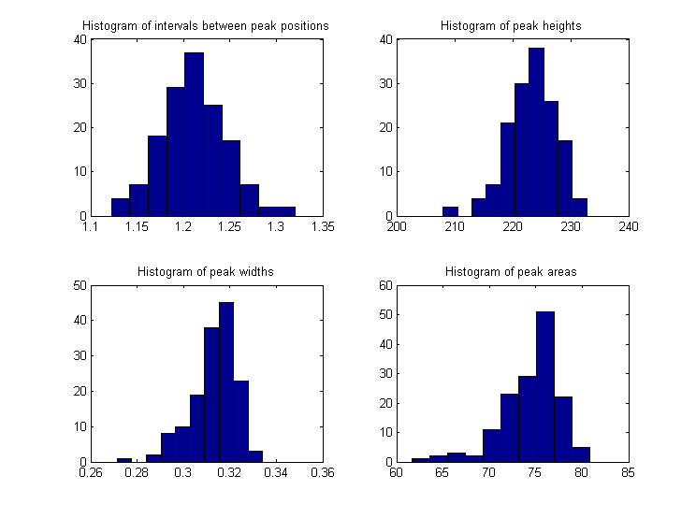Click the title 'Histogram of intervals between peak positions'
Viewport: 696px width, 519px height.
pos(206,25)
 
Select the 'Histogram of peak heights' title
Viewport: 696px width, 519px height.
pos(511,25)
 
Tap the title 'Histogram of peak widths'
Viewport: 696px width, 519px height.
pos(206,271)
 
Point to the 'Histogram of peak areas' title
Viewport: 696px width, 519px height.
pos(511,271)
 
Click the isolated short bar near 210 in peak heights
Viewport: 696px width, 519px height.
pos(450,211)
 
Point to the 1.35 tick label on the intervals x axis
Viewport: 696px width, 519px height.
pos(323,226)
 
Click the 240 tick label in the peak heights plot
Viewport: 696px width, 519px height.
pos(628,226)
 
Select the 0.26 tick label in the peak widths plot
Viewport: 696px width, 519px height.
pos(91,472)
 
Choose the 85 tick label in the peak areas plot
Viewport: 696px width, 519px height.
pos(628,472)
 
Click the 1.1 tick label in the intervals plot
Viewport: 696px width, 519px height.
pos(91,226)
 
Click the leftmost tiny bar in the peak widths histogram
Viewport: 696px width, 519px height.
pos(123,459)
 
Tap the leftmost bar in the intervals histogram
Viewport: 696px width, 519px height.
pos(120,207)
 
